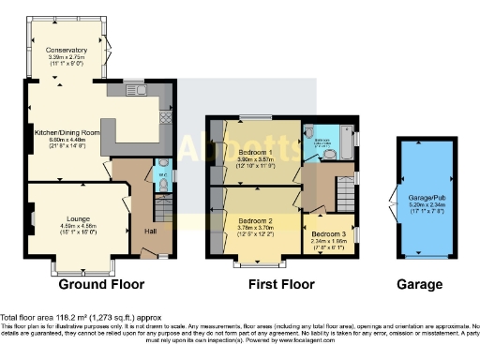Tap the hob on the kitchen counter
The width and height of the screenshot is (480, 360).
166,116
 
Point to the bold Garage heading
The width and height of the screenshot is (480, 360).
418,284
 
